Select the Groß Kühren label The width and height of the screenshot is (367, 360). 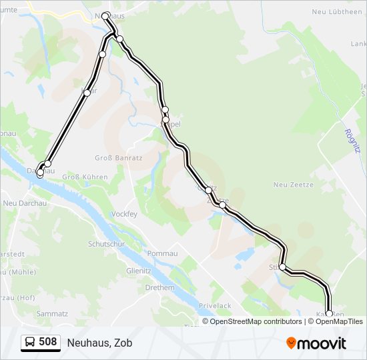point(80,177)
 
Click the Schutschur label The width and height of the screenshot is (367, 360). point(107,244)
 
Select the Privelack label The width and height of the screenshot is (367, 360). point(216,305)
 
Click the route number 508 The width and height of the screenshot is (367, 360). point(47,342)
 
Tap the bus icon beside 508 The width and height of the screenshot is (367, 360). point(30,343)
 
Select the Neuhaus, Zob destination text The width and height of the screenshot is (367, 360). point(99,343)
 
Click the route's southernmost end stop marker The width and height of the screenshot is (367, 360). point(328,313)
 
